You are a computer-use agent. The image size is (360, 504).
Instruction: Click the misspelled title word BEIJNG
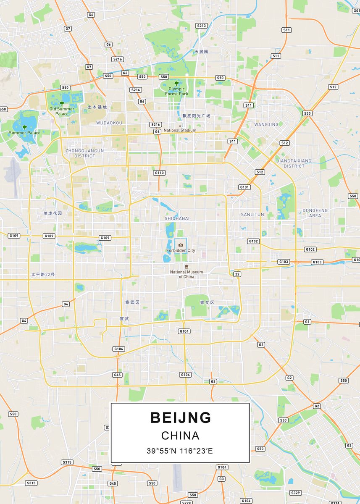click(181, 417)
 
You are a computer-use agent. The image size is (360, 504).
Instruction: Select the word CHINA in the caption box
click(180, 436)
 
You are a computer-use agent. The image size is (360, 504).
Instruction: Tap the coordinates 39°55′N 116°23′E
click(180, 451)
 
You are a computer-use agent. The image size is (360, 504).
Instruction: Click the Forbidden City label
click(181, 250)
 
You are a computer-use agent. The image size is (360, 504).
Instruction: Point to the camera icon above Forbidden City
click(181, 245)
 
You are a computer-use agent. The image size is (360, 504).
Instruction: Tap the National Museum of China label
click(187, 274)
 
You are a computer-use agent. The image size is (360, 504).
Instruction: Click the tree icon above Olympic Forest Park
click(176, 84)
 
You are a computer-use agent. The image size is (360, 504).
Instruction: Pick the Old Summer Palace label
click(62, 111)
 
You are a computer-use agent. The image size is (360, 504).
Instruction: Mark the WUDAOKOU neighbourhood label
click(109, 123)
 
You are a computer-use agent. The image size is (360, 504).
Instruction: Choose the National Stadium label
click(180, 130)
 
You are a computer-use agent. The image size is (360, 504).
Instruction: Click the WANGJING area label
click(266, 124)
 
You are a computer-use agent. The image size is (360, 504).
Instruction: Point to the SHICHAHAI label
click(177, 218)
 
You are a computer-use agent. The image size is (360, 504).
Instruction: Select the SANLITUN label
click(252, 214)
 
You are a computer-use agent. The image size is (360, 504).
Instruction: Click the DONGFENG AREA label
click(315, 213)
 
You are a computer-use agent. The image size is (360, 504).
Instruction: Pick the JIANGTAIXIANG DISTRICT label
click(294, 163)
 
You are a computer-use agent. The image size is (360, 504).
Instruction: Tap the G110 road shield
click(160, 173)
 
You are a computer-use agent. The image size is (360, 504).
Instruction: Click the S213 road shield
click(202, 26)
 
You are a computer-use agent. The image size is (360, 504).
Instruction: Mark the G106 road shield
click(119, 349)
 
